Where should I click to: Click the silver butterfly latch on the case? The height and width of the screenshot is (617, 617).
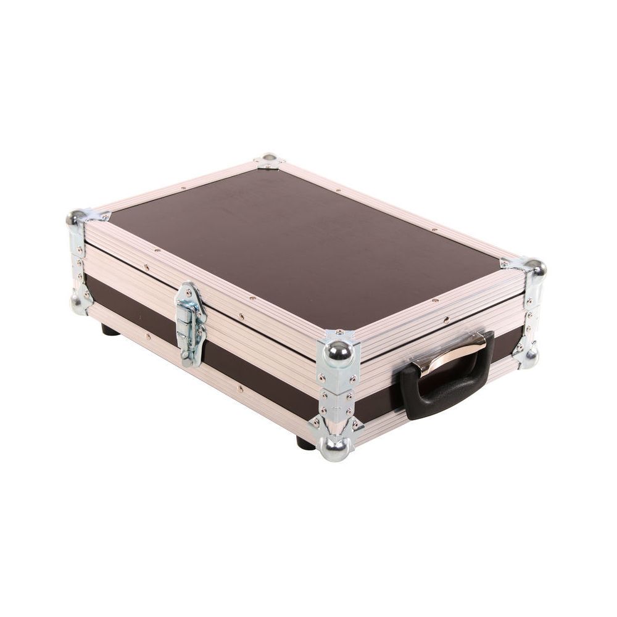(191, 323)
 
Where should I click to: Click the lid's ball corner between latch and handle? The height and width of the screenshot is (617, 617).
(339, 352)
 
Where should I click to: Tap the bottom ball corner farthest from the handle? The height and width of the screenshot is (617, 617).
(80, 303)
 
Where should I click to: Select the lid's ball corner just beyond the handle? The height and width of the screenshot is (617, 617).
(534, 268)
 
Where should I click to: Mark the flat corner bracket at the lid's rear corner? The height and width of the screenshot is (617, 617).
(269, 160)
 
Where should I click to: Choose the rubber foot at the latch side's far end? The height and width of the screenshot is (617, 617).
(110, 329)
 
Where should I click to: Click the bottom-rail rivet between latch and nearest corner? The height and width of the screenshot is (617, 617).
(239, 389)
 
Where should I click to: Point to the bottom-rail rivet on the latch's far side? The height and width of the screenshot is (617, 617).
(148, 337)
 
